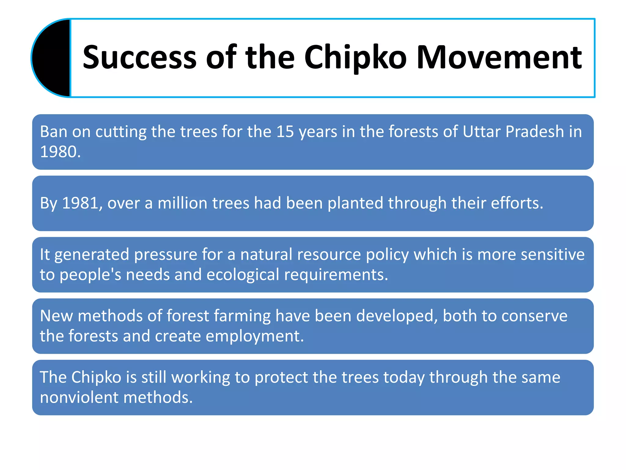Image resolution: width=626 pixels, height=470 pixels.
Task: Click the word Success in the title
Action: coord(139,58)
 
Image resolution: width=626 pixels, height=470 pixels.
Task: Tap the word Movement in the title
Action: coord(499,58)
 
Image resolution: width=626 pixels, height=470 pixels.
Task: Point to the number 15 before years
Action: coord(285,132)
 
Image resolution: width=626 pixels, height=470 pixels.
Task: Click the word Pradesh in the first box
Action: coord(534,132)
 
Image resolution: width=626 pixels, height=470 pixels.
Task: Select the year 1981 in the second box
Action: coord(80,203)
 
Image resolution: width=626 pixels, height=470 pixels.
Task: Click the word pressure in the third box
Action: coord(166,255)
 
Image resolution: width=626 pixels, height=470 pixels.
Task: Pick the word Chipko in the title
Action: coord(355,58)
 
